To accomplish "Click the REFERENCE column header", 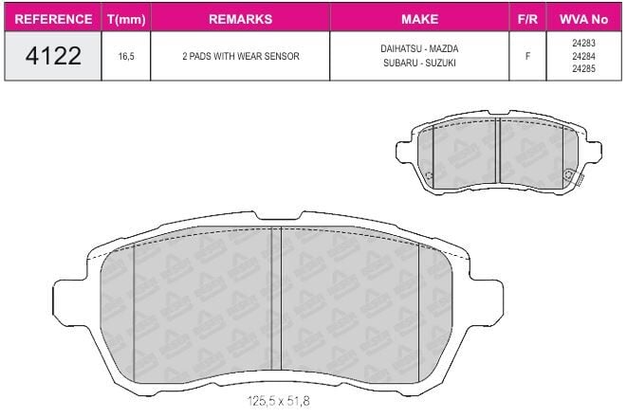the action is coord(53,19).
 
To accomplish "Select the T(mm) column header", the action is coord(126,19).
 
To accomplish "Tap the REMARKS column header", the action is coord(240,19).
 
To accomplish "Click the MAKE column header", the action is coord(419,19).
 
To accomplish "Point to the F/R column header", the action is coord(527,19).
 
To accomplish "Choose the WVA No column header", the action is coord(583,19).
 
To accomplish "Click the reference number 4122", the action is coord(53,56).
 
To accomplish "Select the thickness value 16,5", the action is coord(126,56).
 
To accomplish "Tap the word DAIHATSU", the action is coord(401,48).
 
